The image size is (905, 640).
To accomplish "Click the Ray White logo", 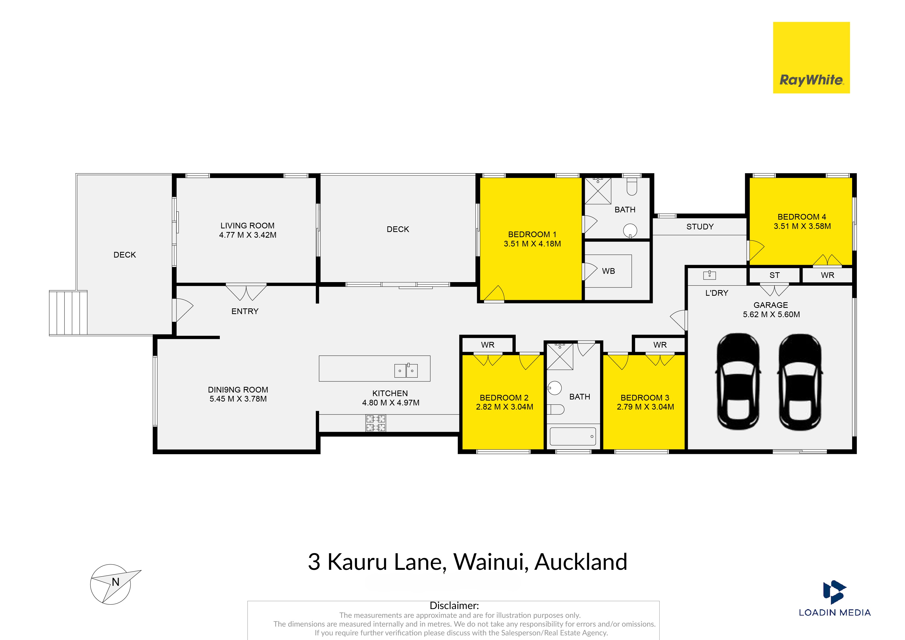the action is tap(811, 58).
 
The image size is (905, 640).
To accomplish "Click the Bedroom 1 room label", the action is tap(532, 234).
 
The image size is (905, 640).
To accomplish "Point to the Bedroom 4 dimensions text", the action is tap(802, 226).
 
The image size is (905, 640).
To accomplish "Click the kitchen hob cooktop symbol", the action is tap(376, 423).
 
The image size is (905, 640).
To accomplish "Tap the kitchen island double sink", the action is tap(406, 370).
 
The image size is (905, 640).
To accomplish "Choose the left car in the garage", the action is tap(738, 382).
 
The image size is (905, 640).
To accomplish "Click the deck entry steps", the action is tap(68, 313).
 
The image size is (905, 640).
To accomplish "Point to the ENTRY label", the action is tap(245, 311).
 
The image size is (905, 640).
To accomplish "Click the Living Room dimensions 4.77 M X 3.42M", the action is tap(248, 235).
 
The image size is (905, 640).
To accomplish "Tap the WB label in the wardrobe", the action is tap(609, 271).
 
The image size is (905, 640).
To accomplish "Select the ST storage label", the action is tap(774, 275).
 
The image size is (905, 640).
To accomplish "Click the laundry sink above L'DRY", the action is tap(709, 275).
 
